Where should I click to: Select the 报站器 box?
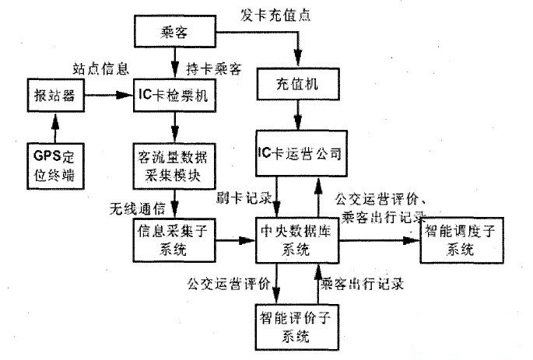tap(51, 96)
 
